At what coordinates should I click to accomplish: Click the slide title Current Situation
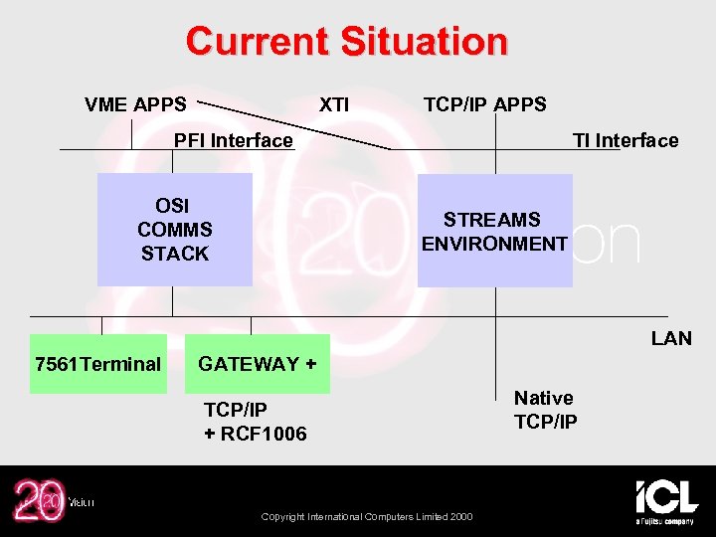(346, 42)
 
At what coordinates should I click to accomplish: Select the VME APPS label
(135, 104)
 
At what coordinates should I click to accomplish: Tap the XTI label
(333, 104)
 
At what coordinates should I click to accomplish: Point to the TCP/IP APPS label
(484, 104)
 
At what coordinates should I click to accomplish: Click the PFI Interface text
(234, 140)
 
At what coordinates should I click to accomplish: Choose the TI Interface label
(625, 140)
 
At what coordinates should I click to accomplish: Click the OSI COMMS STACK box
(174, 230)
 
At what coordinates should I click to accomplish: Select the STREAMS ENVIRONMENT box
(494, 231)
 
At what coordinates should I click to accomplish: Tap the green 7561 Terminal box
(97, 364)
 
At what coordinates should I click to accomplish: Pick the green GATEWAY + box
(258, 364)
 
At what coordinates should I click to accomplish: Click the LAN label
(671, 339)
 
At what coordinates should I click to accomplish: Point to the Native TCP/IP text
(545, 410)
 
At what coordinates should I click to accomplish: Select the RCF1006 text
(264, 434)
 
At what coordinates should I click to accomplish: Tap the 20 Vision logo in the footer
(50, 500)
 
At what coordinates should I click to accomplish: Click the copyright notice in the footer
(367, 516)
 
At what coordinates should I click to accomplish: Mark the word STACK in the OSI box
(175, 254)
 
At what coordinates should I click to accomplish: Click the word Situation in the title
(424, 42)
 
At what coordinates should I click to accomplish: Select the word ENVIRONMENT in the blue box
(494, 244)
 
